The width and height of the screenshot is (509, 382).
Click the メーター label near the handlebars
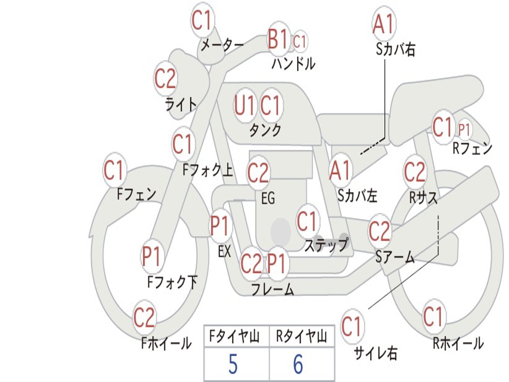[x=222, y=45]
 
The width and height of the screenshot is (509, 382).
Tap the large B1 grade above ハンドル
[x=277, y=39]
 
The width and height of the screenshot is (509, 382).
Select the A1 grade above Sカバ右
[x=383, y=23]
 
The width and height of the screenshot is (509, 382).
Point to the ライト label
[x=180, y=104]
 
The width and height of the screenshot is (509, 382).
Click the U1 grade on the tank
[x=245, y=105]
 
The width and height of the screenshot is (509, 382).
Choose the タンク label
[x=265, y=130]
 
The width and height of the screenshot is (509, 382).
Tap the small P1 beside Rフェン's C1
[x=464, y=130]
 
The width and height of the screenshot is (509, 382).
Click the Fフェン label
[x=137, y=193]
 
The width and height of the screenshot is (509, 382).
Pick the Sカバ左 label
[x=357, y=195]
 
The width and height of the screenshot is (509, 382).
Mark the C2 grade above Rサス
[x=415, y=172]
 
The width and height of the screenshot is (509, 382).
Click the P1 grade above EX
[x=220, y=226]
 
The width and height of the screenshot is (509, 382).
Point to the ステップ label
[x=326, y=245]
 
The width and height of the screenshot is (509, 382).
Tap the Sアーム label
[x=395, y=257]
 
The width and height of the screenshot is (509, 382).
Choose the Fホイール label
[x=166, y=343]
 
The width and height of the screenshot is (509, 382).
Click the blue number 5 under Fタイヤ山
[x=233, y=365]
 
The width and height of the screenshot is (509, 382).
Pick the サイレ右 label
[x=375, y=353]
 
